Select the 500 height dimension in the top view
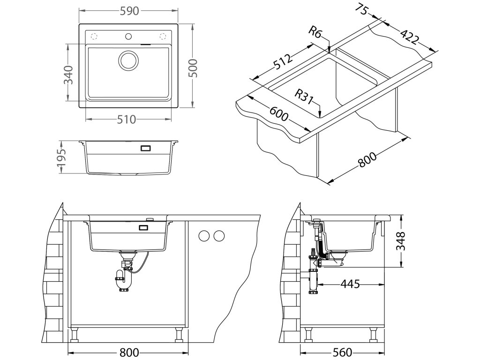(x=194, y=68)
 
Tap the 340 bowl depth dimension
(x=68, y=75)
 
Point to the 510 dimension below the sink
(x=127, y=119)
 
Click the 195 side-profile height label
(x=62, y=157)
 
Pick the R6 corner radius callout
(x=315, y=32)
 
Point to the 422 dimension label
(x=409, y=36)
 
